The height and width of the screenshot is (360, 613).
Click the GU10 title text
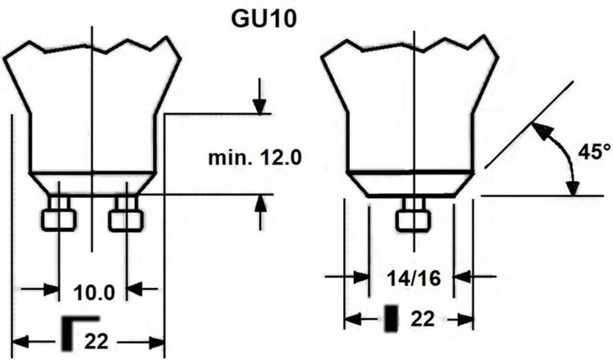[263, 18]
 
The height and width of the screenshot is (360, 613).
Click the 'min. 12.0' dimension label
[255, 158]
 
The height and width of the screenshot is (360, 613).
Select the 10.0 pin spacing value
[94, 293]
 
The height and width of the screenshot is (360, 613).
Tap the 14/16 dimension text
[414, 278]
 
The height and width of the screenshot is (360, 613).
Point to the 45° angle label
[594, 151]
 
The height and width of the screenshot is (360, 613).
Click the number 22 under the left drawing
[96, 342]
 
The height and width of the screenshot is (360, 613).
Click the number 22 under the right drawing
[423, 320]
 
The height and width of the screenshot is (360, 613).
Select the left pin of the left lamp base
[58, 214]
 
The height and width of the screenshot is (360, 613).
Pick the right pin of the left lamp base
[126, 214]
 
